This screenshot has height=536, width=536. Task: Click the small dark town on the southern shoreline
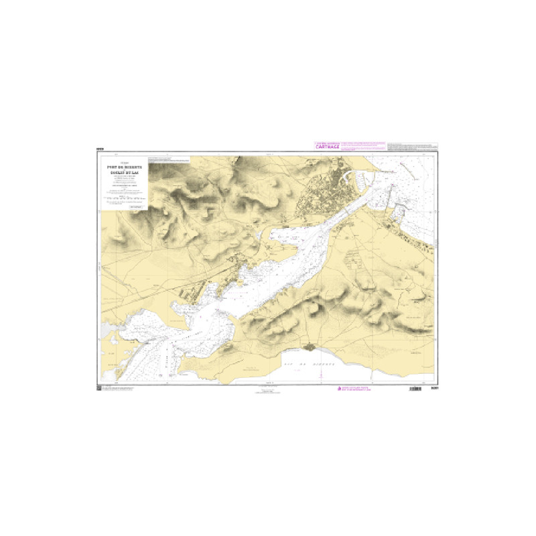[x=309, y=346]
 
